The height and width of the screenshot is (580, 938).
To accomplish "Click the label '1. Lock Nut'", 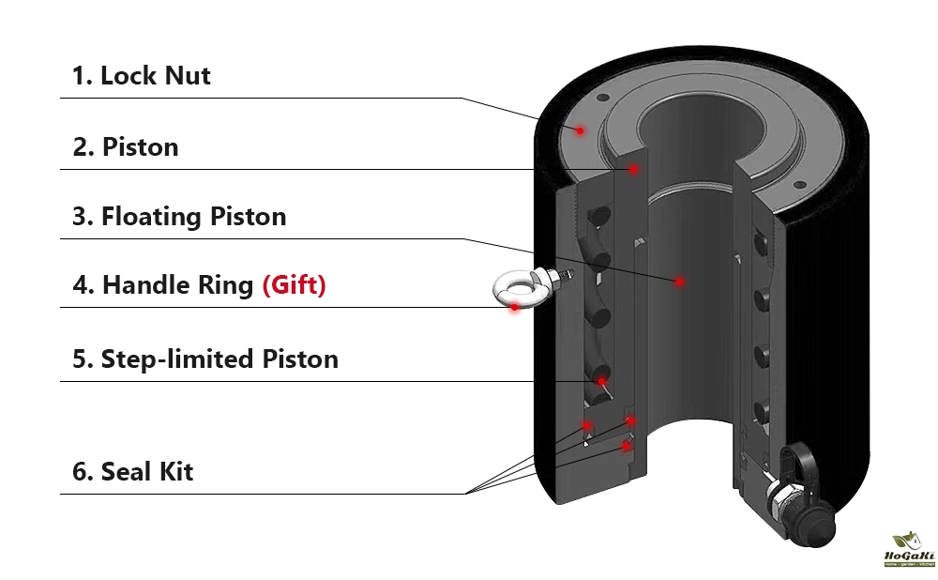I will point(141,75).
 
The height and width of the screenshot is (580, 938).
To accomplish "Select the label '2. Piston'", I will point(126,147).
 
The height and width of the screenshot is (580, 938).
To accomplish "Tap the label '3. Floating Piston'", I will point(179,217).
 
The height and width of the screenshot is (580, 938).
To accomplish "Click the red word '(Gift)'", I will point(294,284).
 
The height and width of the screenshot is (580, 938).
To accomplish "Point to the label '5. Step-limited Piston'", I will point(204,359).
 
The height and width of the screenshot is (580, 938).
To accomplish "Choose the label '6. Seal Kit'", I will point(132,471).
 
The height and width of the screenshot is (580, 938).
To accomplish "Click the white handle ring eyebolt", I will point(514,288).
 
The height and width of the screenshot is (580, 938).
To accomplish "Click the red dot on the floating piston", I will point(678,281).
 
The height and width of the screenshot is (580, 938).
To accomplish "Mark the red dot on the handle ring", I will point(514,306).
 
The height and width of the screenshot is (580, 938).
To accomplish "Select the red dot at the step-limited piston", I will point(600,382).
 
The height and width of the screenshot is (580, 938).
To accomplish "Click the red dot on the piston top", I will point(634,169).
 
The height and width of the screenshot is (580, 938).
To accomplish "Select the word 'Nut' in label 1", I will point(188,75).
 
